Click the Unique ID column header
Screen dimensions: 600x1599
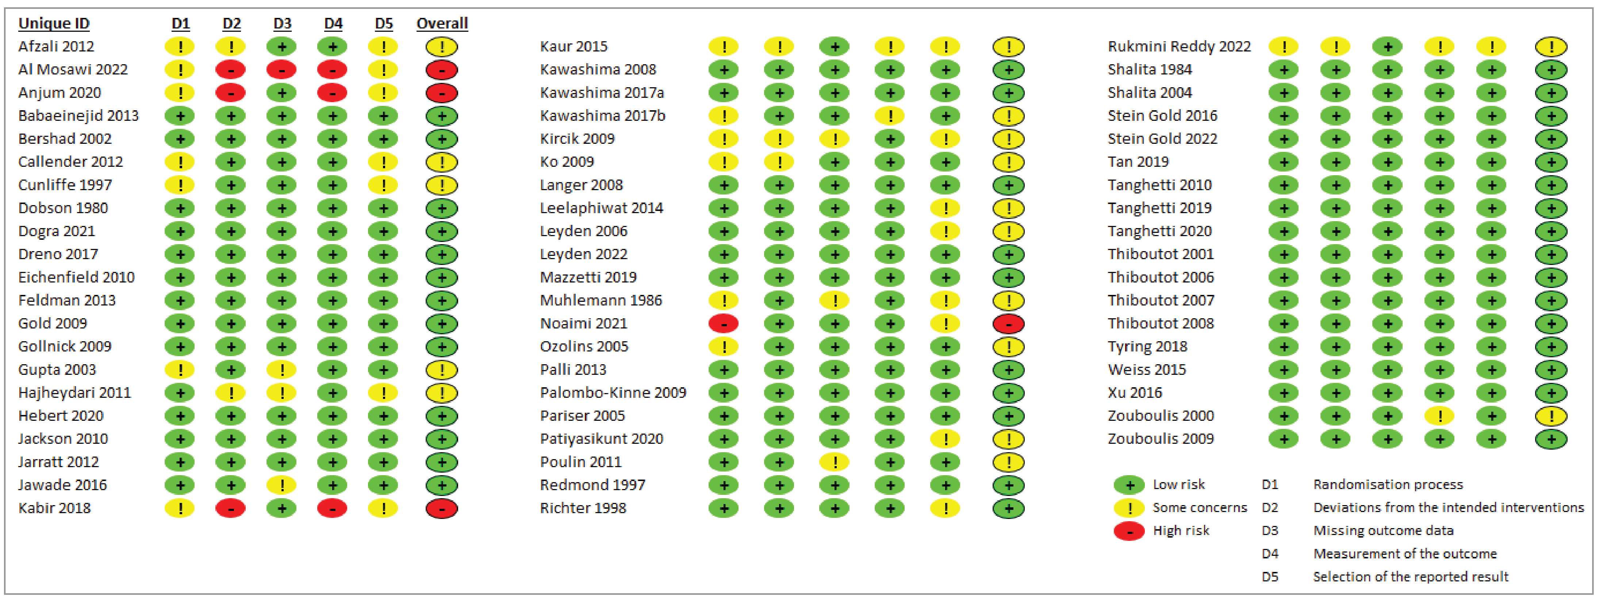click(54, 24)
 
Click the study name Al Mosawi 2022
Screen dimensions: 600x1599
click(73, 69)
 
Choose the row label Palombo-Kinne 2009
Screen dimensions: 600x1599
click(613, 393)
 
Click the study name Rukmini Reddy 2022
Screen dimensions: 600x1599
click(1179, 47)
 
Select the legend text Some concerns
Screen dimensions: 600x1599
click(1199, 508)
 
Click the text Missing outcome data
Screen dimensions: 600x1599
click(1383, 531)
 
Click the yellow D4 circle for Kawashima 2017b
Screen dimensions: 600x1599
click(890, 116)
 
